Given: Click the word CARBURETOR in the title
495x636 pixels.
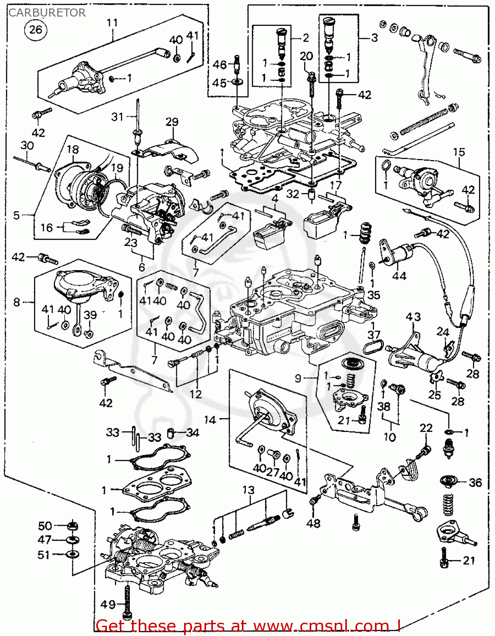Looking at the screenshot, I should (47, 13).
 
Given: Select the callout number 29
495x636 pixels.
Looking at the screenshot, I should (172, 122).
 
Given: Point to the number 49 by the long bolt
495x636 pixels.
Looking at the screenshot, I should (108, 604).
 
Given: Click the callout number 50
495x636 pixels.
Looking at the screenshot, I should (45, 526).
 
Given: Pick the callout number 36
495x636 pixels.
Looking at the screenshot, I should (475, 483).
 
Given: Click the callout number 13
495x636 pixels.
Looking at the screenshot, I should (248, 490).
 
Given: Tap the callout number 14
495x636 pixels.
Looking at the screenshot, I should (210, 420).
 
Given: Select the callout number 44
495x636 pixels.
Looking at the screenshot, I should (399, 276).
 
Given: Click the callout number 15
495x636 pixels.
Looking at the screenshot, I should (459, 152).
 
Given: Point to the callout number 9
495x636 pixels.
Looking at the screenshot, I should (298, 377).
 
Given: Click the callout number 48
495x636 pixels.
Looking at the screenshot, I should (313, 524).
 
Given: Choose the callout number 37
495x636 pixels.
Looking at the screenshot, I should (374, 335).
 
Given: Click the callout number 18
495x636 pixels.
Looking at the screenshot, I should (73, 149).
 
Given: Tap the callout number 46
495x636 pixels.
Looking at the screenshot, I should (219, 64).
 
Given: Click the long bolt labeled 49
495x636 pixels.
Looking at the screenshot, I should (126, 602).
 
